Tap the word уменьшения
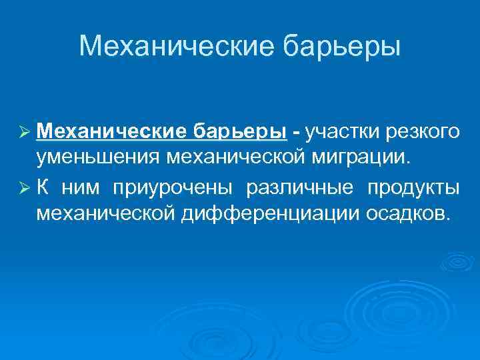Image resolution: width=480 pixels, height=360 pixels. point(99,159)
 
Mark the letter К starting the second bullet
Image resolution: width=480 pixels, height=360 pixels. point(43,186)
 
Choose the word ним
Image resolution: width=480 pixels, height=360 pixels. point(80,186)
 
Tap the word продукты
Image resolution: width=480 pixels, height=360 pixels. point(413,187)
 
